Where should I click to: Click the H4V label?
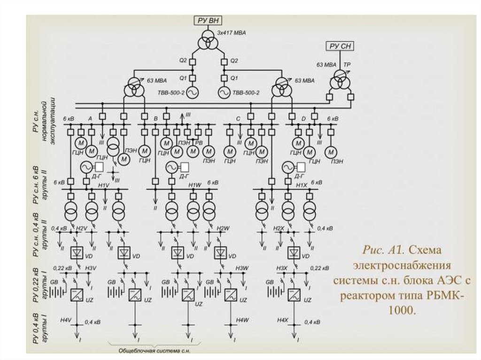click(65, 320)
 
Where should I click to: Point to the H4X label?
click(282, 320)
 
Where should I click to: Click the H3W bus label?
click(241, 268)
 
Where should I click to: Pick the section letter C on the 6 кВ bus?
click(238, 119)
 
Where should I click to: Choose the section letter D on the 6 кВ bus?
click(303, 119)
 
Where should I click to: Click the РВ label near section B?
click(199, 142)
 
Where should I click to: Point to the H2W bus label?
click(223, 228)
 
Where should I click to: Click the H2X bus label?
click(279, 228)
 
